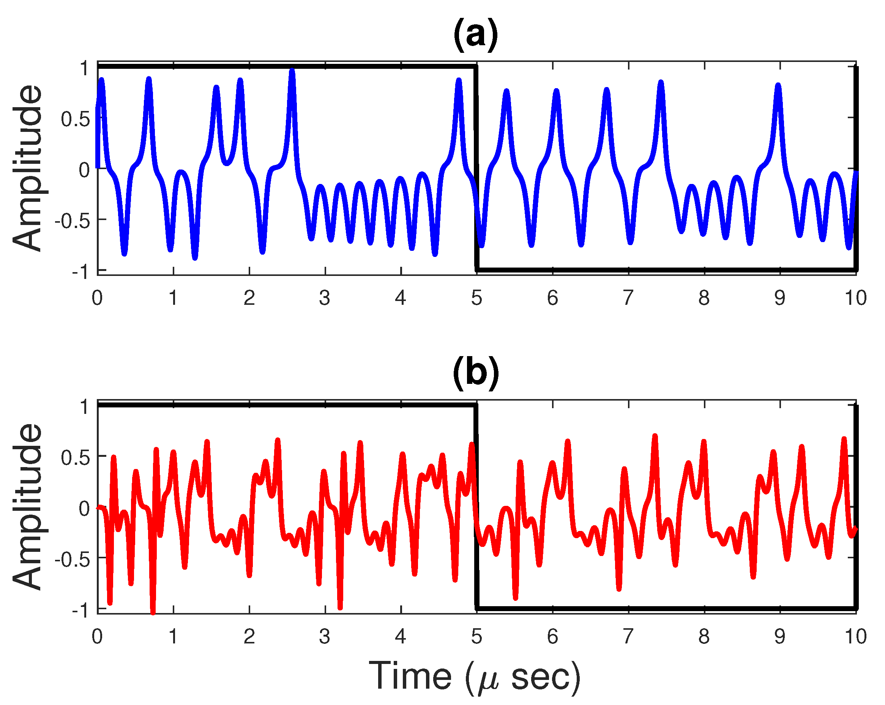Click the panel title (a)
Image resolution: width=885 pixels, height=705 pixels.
[x=475, y=35]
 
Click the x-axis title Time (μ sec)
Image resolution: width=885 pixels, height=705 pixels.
[x=475, y=676]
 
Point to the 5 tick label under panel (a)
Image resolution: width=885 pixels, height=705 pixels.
[x=476, y=298]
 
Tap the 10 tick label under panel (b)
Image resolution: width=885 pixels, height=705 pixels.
[x=855, y=636]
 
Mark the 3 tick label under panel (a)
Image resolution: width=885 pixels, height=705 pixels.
[x=325, y=298]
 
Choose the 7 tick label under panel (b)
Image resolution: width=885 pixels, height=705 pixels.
[x=628, y=636]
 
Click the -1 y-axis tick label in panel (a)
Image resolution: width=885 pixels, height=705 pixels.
[x=80, y=272]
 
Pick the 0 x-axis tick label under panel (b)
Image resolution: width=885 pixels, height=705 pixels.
[x=97, y=636]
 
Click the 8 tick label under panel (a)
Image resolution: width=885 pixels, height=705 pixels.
[x=704, y=298]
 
